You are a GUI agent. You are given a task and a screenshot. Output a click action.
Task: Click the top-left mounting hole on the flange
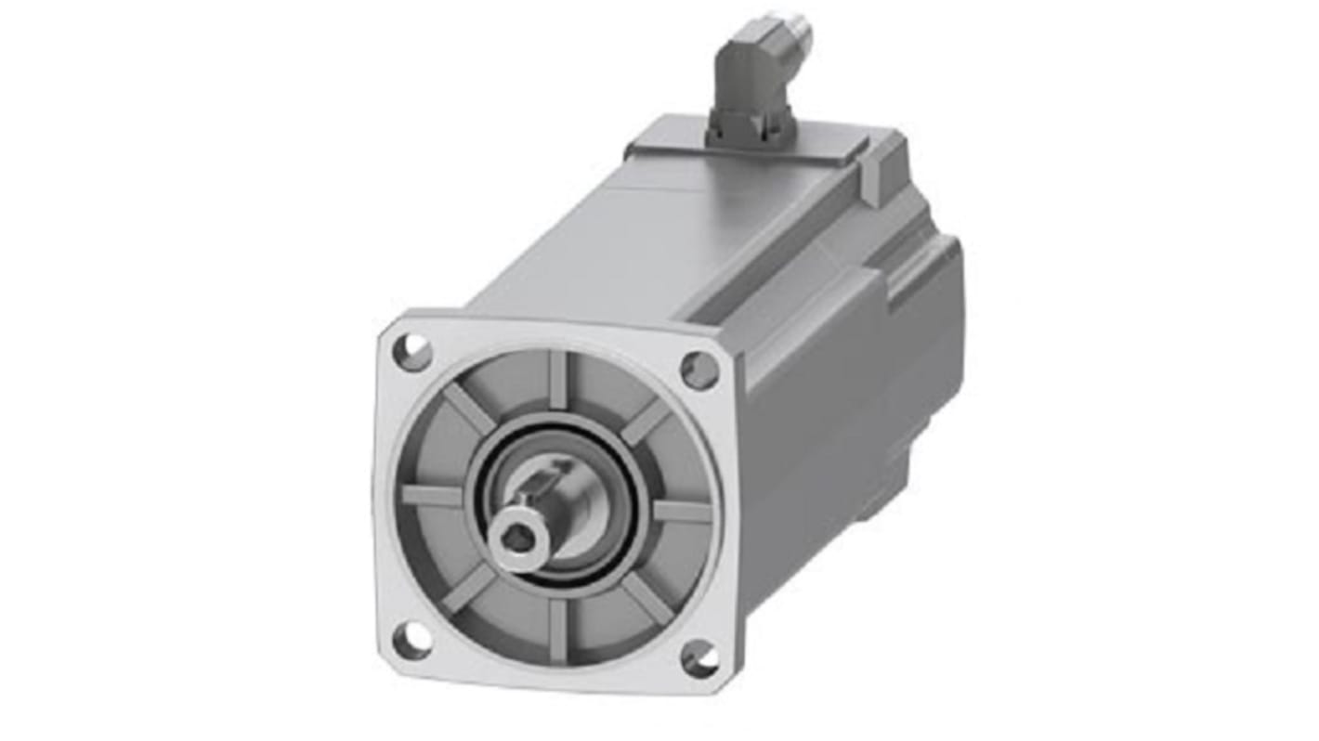pos(413,353)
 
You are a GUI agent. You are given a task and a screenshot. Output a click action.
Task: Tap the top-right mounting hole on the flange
pos(699,370)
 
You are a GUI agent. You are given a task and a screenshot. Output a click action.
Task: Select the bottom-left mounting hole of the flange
pos(411,640)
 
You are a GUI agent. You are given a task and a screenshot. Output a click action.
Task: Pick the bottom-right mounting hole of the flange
pos(699,657)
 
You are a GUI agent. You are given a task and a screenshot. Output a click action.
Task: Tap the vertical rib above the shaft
pos(557,378)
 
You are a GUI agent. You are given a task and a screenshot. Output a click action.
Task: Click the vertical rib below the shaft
pos(556,630)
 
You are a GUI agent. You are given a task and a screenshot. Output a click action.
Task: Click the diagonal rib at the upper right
pos(646,420)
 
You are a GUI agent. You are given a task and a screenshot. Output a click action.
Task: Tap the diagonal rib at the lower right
pos(646,600)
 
